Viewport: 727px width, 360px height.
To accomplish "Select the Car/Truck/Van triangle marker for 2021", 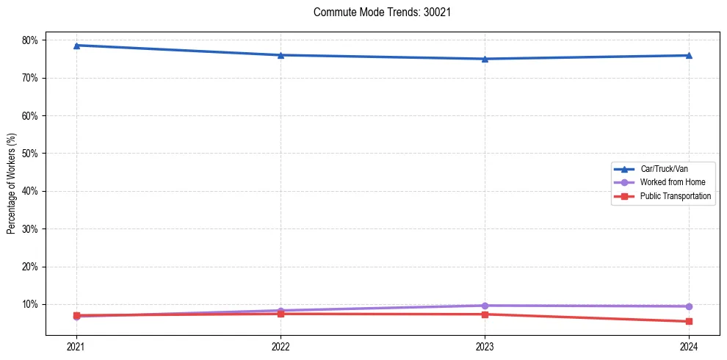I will click(76, 46).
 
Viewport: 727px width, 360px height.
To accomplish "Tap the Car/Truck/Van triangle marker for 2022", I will click(281, 55).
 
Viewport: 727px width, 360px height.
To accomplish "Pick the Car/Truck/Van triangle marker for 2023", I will click(485, 59).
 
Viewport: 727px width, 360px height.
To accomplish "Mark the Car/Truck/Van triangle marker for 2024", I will click(689, 55).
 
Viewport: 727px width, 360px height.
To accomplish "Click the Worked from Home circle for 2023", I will click(485, 306).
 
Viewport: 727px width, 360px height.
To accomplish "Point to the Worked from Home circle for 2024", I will click(689, 306).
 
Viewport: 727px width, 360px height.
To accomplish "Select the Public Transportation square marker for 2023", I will click(485, 314).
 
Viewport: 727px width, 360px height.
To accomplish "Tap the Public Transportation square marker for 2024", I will click(689, 321).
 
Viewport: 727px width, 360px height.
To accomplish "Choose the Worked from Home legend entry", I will click(669, 182).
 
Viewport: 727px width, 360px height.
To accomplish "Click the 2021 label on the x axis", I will click(76, 346).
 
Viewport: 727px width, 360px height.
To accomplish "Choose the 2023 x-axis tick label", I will click(485, 346).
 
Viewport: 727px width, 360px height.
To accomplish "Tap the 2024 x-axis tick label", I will click(689, 346).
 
